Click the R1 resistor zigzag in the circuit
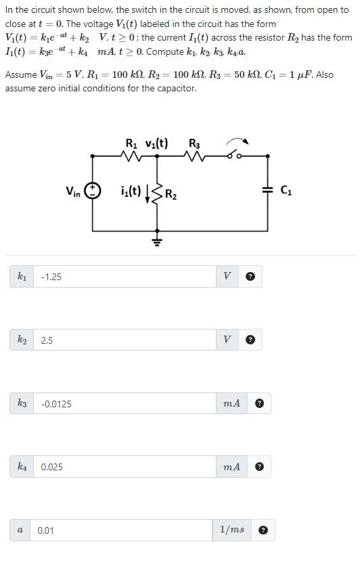132,156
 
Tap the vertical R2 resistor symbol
158,196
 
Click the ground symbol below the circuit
158,240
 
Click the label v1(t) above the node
157,143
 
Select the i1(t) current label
130,191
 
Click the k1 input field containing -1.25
125,277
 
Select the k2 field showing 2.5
125,340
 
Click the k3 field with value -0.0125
125,404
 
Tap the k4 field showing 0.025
125,467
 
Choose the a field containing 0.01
122,530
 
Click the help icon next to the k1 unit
250,277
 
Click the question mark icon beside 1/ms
263,530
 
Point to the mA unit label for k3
231,404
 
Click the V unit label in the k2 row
227,340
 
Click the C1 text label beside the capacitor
286,191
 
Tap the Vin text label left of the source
72,192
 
